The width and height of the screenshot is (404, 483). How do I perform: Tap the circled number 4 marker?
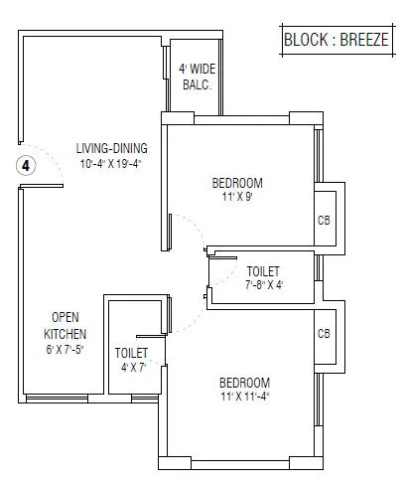tap(27, 165)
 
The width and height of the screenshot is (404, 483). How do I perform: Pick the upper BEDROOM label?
tap(238, 183)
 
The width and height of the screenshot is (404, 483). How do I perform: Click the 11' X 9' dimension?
tap(237, 199)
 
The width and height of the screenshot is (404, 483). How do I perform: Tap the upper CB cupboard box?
tap(324, 220)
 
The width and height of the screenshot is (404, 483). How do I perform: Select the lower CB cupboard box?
tap(324, 333)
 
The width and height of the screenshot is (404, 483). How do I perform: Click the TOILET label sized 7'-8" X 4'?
tap(263, 270)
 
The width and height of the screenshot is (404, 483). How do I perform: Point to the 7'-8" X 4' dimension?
tap(263, 285)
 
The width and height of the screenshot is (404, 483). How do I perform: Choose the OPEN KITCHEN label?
tap(64, 326)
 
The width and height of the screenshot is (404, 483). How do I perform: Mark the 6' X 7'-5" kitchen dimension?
tap(64, 349)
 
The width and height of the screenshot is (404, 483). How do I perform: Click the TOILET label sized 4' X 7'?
tap(131, 353)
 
